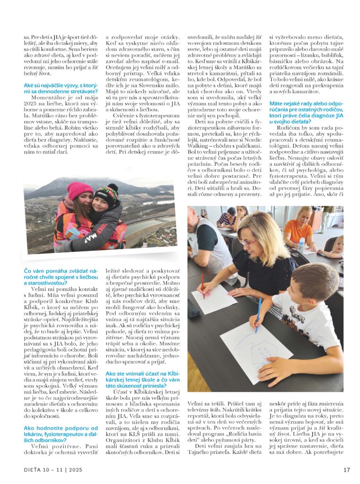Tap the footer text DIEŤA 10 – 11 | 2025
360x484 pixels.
(54, 470)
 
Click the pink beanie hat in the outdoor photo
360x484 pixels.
(80, 190)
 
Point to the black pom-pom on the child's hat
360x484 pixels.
(112, 188)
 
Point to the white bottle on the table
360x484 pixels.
(301, 245)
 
